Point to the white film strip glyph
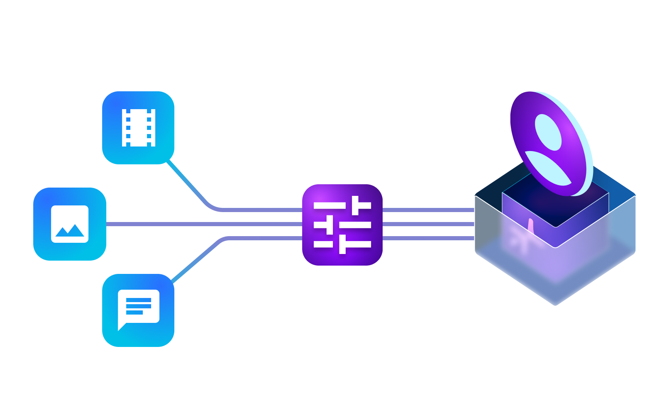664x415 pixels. tap(139, 128)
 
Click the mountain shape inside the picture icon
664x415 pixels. tap(70, 231)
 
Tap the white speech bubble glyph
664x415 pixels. tap(139, 307)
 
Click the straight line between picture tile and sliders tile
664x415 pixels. tap(203, 225)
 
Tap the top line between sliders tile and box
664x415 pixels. tap(427, 210)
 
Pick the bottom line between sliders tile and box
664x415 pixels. tap(427, 238)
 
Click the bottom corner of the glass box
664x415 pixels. tap(555, 304)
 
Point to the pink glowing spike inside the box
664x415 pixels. tap(530, 226)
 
